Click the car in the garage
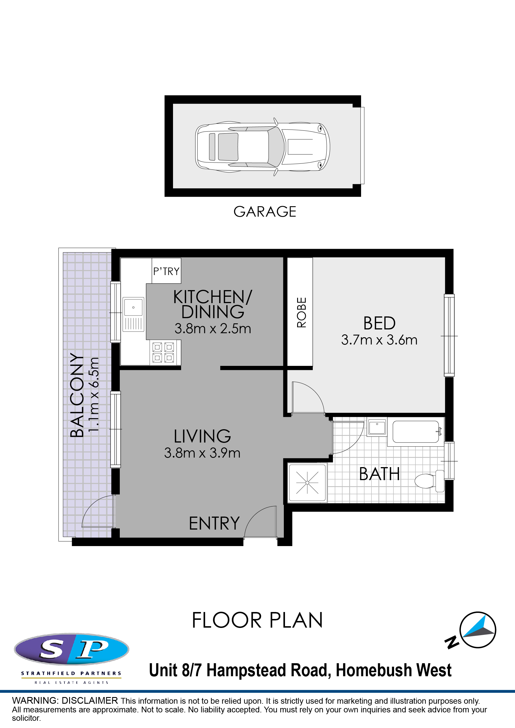pyautogui.click(x=263, y=147)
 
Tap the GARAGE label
pyautogui.click(x=265, y=212)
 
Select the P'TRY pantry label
pyautogui.click(x=166, y=271)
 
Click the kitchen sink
pyautogui.click(x=133, y=314)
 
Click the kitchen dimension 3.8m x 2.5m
pyautogui.click(x=213, y=329)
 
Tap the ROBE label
pyautogui.click(x=301, y=312)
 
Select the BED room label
pyautogui.click(x=379, y=323)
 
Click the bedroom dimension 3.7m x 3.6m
pyautogui.click(x=379, y=340)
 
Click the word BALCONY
pyautogui.click(x=77, y=395)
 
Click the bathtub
pyautogui.click(x=416, y=432)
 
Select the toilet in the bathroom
pyautogui.click(x=429, y=481)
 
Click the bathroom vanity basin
pyautogui.click(x=377, y=427)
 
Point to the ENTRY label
pyautogui.click(x=214, y=524)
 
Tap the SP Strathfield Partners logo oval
pyautogui.click(x=72, y=649)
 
